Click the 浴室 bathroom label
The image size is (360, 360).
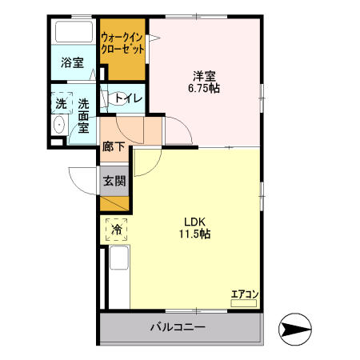pos(72,62)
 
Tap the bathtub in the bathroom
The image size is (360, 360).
pos(74,31)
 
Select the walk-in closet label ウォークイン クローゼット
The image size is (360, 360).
pos(122,43)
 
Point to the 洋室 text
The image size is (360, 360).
pos(204,76)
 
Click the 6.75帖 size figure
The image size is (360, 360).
pos(204,88)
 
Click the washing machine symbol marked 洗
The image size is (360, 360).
pos(62,103)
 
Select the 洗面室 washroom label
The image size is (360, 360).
pos(83,116)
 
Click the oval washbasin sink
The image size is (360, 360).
pos(59,125)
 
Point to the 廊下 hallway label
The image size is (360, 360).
pos(114,146)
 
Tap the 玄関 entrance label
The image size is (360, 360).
pos(114,181)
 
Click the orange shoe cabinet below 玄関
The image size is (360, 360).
pos(114,203)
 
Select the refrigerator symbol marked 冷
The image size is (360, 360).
pos(116,230)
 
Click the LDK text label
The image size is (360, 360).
pos(194,222)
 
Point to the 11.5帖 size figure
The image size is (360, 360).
pos(194,234)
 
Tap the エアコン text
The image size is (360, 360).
pos(245,294)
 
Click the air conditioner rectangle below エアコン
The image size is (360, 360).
pos(244,303)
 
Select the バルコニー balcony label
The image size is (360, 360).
pos(178,326)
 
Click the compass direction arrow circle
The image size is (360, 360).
pos(295,329)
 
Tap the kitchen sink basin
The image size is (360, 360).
pos(119,258)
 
